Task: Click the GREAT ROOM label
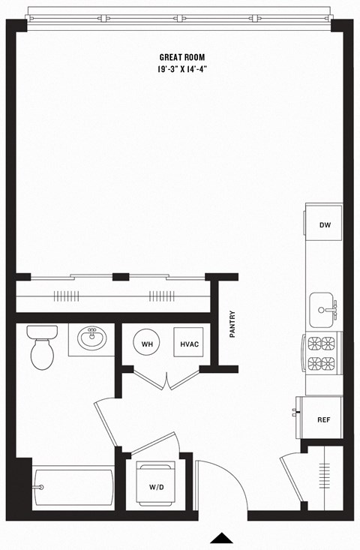coord(182,57)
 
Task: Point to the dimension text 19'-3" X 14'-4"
coord(182,70)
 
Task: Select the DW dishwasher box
coord(324,225)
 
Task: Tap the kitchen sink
coord(324,308)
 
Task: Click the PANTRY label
coord(232,326)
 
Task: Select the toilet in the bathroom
coord(40,347)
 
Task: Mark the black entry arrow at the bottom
coord(221,537)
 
